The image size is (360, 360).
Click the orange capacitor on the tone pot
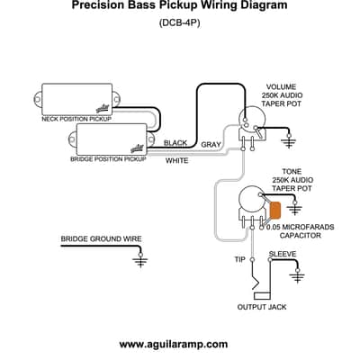coord(275,211)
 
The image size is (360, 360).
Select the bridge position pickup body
coord(112,139)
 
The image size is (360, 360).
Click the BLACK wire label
coord(175,143)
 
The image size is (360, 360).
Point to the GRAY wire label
coord(211,145)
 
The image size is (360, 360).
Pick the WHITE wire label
coord(177,161)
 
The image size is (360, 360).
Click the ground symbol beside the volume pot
coord(289,141)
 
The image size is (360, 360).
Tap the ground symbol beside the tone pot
coord(295,209)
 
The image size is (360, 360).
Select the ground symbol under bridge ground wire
coord(140,260)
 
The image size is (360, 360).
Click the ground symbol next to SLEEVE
coord(298,276)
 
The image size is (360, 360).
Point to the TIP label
coord(239,259)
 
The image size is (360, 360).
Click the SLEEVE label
coord(283,254)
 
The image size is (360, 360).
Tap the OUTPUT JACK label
coord(262,307)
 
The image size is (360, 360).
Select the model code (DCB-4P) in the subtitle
coord(180,23)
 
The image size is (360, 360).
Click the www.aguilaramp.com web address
coord(174,344)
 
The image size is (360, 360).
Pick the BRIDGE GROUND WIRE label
coord(101,239)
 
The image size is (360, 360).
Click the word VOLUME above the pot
coord(281,87)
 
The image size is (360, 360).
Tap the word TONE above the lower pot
coord(292,172)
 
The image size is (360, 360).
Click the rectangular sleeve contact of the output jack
coord(262,296)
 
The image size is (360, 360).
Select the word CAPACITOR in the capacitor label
coord(301,236)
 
